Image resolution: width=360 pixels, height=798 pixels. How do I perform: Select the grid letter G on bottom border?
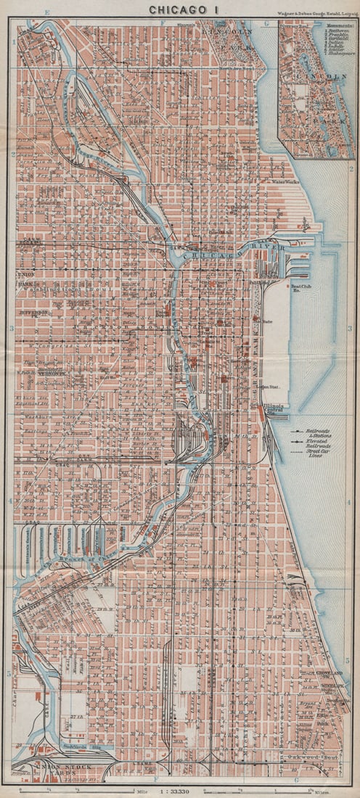[x=297, y=780]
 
